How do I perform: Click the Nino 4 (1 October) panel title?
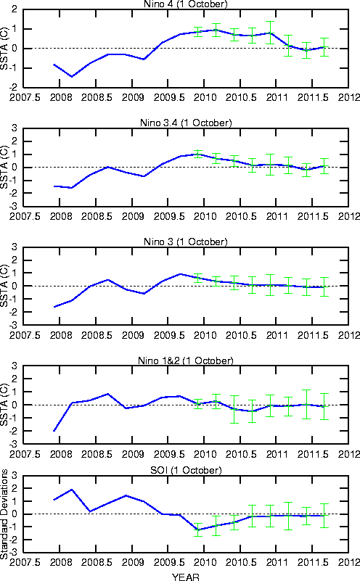[185, 4]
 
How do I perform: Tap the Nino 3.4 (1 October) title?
[186, 123]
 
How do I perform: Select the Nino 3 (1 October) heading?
[186, 242]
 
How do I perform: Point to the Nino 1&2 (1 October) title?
[186, 360]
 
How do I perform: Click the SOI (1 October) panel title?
[186, 470]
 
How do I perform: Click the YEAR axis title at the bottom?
[185, 577]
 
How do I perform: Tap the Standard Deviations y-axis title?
[4, 514]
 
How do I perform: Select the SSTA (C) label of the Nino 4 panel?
[4, 48]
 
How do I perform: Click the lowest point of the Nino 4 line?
[72, 76]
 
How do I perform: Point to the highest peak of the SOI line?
[72, 490]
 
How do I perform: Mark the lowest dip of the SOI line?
[198, 530]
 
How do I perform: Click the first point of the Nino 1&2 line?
[54, 431]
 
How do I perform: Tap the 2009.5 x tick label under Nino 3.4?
[169, 216]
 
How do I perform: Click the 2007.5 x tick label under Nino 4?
[25, 97]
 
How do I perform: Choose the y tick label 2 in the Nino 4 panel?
[14, 9]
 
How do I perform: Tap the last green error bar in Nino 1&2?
[324, 406]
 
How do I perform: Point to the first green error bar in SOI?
[198, 530]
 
